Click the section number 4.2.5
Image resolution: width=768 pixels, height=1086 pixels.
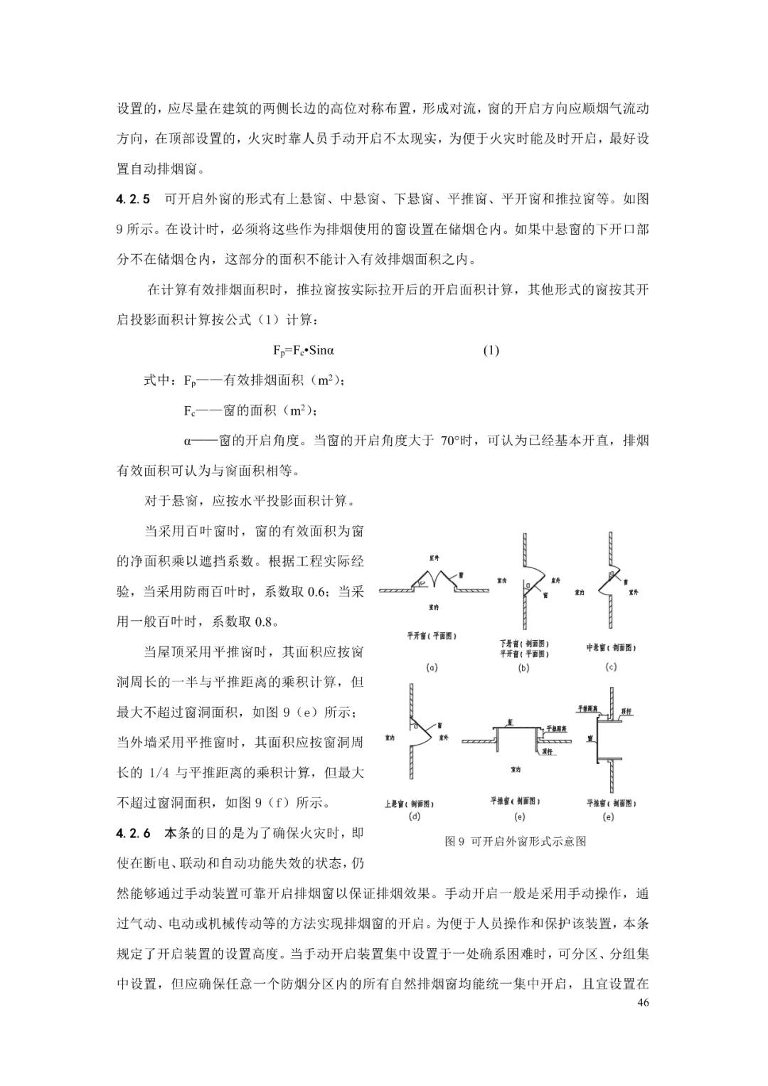[x=133, y=199]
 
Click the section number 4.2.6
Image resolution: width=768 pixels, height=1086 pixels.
[x=133, y=833]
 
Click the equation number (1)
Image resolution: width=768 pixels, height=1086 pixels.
[x=491, y=350]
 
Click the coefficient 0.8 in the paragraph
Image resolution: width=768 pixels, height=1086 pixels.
[x=261, y=621]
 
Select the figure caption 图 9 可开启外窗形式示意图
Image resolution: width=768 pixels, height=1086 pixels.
[x=516, y=841]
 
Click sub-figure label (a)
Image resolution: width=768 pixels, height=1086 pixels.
[x=431, y=668]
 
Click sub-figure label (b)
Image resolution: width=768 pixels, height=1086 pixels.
[x=523, y=668]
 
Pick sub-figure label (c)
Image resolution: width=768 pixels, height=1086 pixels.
[x=610, y=666]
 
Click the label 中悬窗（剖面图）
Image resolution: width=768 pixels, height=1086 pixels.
[x=610, y=647]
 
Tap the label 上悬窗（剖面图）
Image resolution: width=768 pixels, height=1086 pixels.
[x=409, y=804]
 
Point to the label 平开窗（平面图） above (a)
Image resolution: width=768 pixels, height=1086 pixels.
[x=432, y=635]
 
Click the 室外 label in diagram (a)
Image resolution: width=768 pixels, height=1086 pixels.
[x=434, y=558]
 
